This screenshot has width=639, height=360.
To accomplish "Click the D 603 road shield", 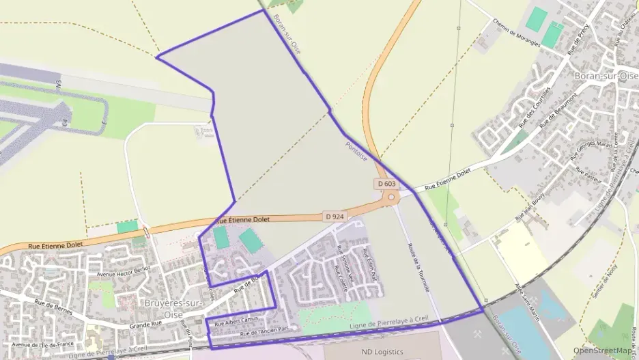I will click(386, 184).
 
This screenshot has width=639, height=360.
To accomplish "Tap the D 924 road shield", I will click(334, 217).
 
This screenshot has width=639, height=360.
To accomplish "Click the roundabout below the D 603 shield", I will click(392, 198).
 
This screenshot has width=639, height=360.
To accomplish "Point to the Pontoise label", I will click(356, 151).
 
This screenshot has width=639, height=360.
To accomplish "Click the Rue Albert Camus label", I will click(239, 322).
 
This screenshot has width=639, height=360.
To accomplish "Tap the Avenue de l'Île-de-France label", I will click(43, 344).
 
